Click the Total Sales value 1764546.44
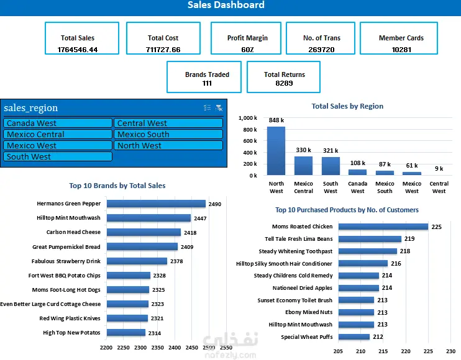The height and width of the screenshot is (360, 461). (78, 49)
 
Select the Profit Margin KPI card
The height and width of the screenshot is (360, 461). (247, 42)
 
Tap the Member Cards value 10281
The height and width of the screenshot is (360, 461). (401, 49)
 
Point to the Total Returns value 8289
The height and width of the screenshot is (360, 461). (284, 83)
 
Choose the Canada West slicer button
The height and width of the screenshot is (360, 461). (58, 124)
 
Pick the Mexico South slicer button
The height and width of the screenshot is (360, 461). (168, 135)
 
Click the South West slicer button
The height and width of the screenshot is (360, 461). (58, 157)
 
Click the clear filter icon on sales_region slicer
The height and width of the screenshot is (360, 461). (219, 108)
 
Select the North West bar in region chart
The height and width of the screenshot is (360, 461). (276, 151)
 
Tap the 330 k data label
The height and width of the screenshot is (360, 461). (304, 150)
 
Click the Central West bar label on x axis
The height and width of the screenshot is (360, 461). (439, 187)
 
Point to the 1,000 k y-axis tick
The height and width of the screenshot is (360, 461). (248, 118)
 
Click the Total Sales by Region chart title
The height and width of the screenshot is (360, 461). (347, 106)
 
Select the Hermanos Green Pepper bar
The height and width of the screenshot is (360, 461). (156, 204)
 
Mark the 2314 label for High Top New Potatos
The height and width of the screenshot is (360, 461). (155, 333)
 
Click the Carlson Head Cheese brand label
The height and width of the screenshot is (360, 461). (73, 232)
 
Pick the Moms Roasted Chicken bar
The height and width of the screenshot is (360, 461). (383, 227)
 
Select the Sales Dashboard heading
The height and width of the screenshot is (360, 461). (226, 6)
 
